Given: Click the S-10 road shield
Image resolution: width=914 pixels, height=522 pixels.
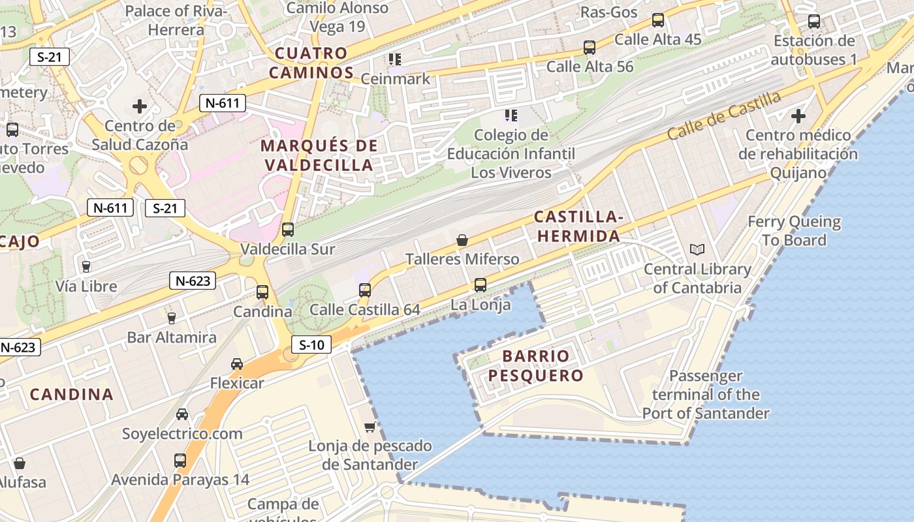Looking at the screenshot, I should tap(311, 345).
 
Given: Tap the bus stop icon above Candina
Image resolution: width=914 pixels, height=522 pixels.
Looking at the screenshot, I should tap(262, 292).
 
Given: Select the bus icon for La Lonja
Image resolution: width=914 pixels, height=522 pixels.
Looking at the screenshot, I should tap(481, 285).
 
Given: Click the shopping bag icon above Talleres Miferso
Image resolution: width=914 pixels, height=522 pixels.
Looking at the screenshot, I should tap(462, 240).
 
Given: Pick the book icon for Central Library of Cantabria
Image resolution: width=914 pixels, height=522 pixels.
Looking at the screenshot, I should tap(697, 249).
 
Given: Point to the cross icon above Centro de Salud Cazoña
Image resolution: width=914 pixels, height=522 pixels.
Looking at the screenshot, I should tap(140, 106).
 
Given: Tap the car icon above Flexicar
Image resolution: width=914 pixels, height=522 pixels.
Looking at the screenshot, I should tap(237, 364).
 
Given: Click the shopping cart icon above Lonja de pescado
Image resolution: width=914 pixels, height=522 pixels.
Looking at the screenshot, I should tap(370, 427).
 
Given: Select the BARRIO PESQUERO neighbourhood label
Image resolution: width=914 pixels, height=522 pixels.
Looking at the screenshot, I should tap(535, 366).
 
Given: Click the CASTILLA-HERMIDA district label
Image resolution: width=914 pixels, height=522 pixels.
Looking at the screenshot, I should tap(577, 226).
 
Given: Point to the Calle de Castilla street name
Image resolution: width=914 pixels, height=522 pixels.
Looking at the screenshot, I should tap(724, 115).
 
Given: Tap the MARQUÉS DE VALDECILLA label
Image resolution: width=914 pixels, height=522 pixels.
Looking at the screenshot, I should tap(319, 155).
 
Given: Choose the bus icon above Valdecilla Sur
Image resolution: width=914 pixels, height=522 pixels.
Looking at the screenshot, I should tap(287, 230).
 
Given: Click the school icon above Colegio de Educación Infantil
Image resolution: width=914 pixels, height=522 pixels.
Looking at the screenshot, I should tap(511, 115).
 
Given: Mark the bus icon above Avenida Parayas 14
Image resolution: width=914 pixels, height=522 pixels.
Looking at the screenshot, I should tap(180, 461).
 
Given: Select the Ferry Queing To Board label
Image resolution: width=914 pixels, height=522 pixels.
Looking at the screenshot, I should tap(794, 231).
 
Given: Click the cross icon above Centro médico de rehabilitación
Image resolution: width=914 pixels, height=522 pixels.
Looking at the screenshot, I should tap(798, 117).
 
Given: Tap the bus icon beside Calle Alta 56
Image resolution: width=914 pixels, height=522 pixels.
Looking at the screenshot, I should tap(590, 48).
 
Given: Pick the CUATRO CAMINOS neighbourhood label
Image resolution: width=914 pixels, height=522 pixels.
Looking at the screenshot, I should tap(311, 63).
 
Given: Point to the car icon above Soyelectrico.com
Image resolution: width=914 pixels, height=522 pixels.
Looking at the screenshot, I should tap(182, 414).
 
